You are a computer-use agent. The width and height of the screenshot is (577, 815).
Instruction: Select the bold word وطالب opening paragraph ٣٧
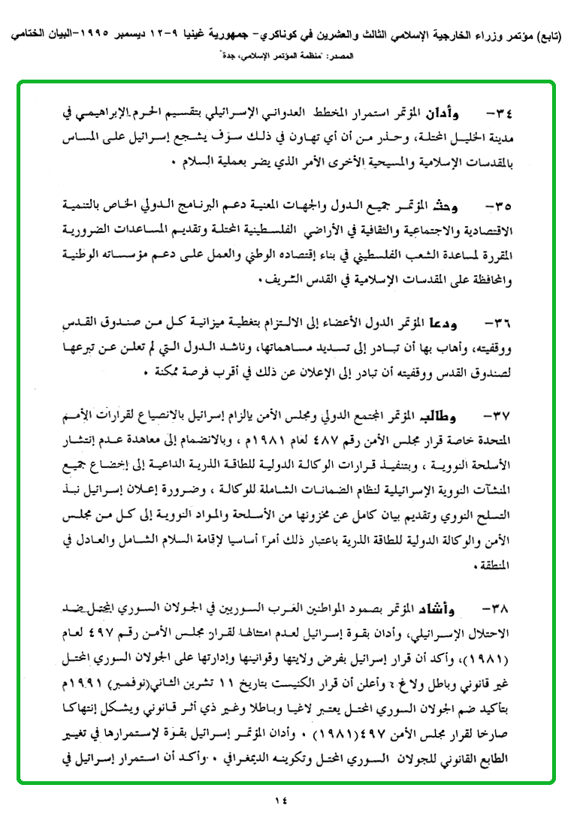point(450,414)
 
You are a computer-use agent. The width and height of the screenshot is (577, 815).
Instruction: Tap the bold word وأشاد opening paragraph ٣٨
point(449,605)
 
